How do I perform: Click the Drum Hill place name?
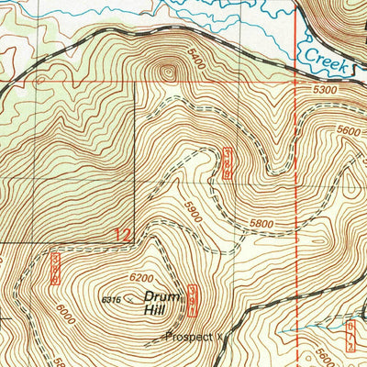click(157, 304)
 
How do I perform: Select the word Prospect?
click(189, 337)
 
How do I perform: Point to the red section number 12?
click(122, 235)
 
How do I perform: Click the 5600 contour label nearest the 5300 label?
click(349, 130)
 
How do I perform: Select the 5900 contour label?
click(191, 206)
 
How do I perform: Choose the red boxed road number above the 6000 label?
click(55, 267)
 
